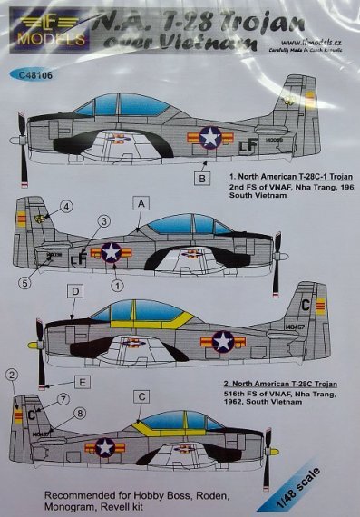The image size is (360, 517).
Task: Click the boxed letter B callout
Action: tap(204, 179)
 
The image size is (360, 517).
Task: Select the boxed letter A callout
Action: tap(139, 207)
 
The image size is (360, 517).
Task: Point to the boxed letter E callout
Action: tap(83, 383)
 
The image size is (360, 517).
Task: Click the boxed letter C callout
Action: tap(141, 395)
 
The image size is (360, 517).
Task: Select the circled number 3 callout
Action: tap(104, 221)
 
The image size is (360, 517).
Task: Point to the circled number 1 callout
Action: tap(115, 285)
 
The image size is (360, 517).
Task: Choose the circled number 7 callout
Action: tap(63, 399)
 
